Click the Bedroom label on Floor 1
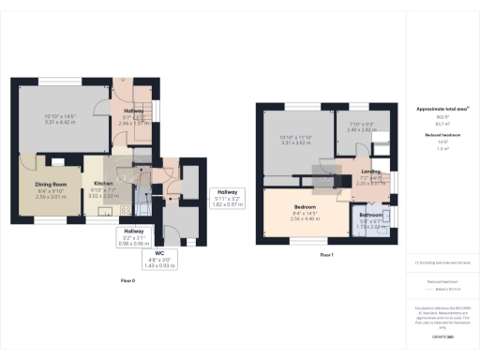304,206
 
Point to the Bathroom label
372,215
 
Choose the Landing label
372,171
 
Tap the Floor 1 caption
326,254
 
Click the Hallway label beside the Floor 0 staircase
128,110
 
